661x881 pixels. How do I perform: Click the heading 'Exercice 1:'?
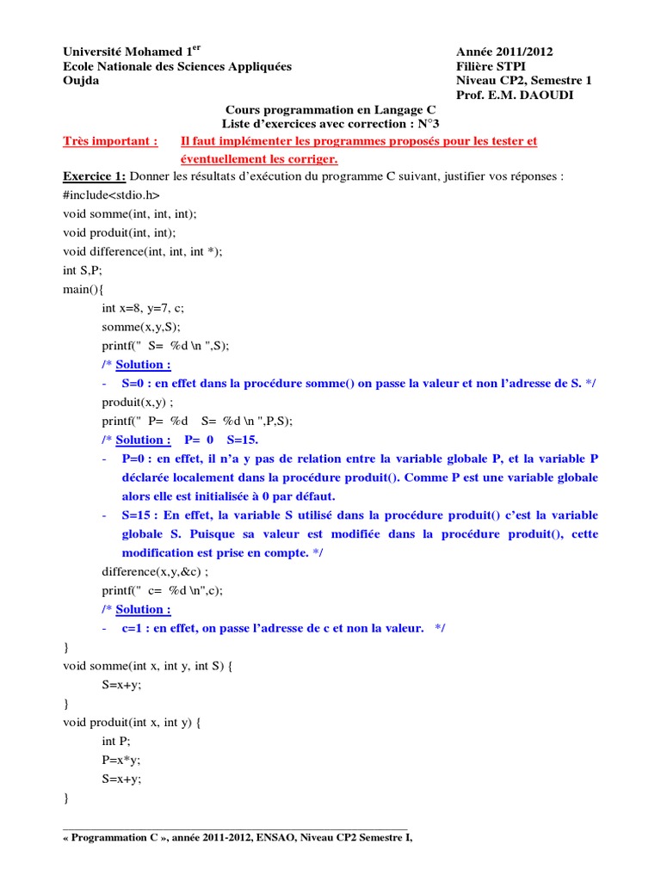tap(95, 177)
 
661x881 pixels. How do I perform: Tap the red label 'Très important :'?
tap(110, 141)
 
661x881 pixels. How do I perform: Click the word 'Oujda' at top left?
tap(81, 80)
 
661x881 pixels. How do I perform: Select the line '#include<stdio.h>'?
tap(112, 195)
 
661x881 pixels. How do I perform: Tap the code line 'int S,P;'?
tap(83, 270)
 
